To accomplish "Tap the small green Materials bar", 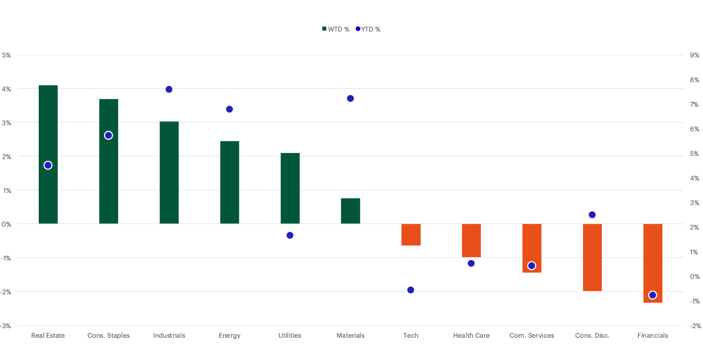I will (351, 211).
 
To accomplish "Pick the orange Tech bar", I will (411, 235).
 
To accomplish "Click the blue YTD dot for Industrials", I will (169, 89).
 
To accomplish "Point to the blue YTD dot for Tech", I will (411, 290).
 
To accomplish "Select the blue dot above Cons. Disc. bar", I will (592, 215).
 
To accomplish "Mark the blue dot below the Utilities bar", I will (290, 235).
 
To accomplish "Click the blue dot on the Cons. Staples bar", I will (108, 135).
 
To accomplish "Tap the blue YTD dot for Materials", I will (351, 99).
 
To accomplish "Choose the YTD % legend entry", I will (368, 29).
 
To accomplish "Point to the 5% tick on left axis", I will (7, 55).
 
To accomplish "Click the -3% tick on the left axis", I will (6, 326).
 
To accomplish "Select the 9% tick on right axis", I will (694, 55).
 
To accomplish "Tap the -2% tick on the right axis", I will (695, 326).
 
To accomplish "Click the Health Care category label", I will (471, 336).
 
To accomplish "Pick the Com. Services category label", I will (531, 336).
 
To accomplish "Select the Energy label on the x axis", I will (229, 336).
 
